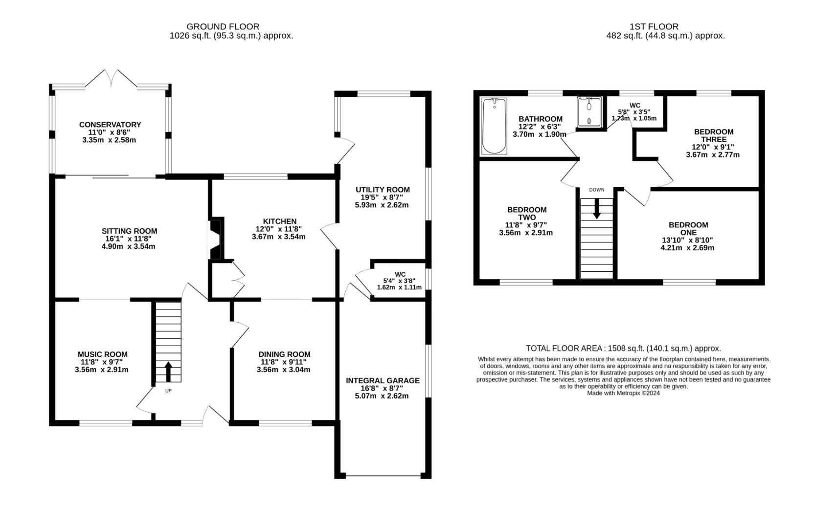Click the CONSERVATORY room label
(x=110, y=125)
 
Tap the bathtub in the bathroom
(x=494, y=127)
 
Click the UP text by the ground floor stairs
(x=168, y=391)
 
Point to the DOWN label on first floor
(x=596, y=190)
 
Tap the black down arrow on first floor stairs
(x=596, y=210)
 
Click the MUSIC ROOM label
(x=103, y=354)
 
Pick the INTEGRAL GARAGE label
(x=383, y=380)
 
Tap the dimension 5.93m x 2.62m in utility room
(x=382, y=205)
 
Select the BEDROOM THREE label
(x=714, y=135)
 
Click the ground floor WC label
(x=400, y=274)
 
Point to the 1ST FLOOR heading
(x=654, y=26)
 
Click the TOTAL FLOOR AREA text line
(x=623, y=349)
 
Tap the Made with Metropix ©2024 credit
(x=623, y=393)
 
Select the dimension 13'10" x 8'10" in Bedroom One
(x=688, y=240)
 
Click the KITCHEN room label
(x=279, y=221)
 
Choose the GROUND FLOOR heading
(x=223, y=26)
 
